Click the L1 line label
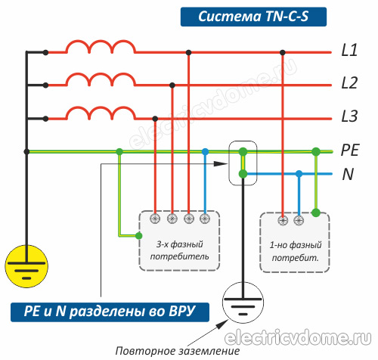click(349, 52)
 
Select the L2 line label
click(349, 84)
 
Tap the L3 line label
click(349, 117)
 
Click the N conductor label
click(348, 175)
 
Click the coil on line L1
click(101, 48)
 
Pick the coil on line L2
click(101, 80)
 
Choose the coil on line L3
click(101, 113)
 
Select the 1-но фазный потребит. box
click(294, 240)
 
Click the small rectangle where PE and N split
click(243, 163)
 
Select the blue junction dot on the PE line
click(205, 151)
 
